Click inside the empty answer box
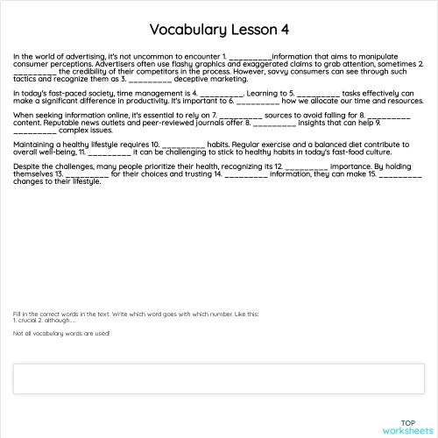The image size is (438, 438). pos(219,378)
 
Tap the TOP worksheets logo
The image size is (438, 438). pos(403,426)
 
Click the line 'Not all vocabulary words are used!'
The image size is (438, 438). pos(61,334)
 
